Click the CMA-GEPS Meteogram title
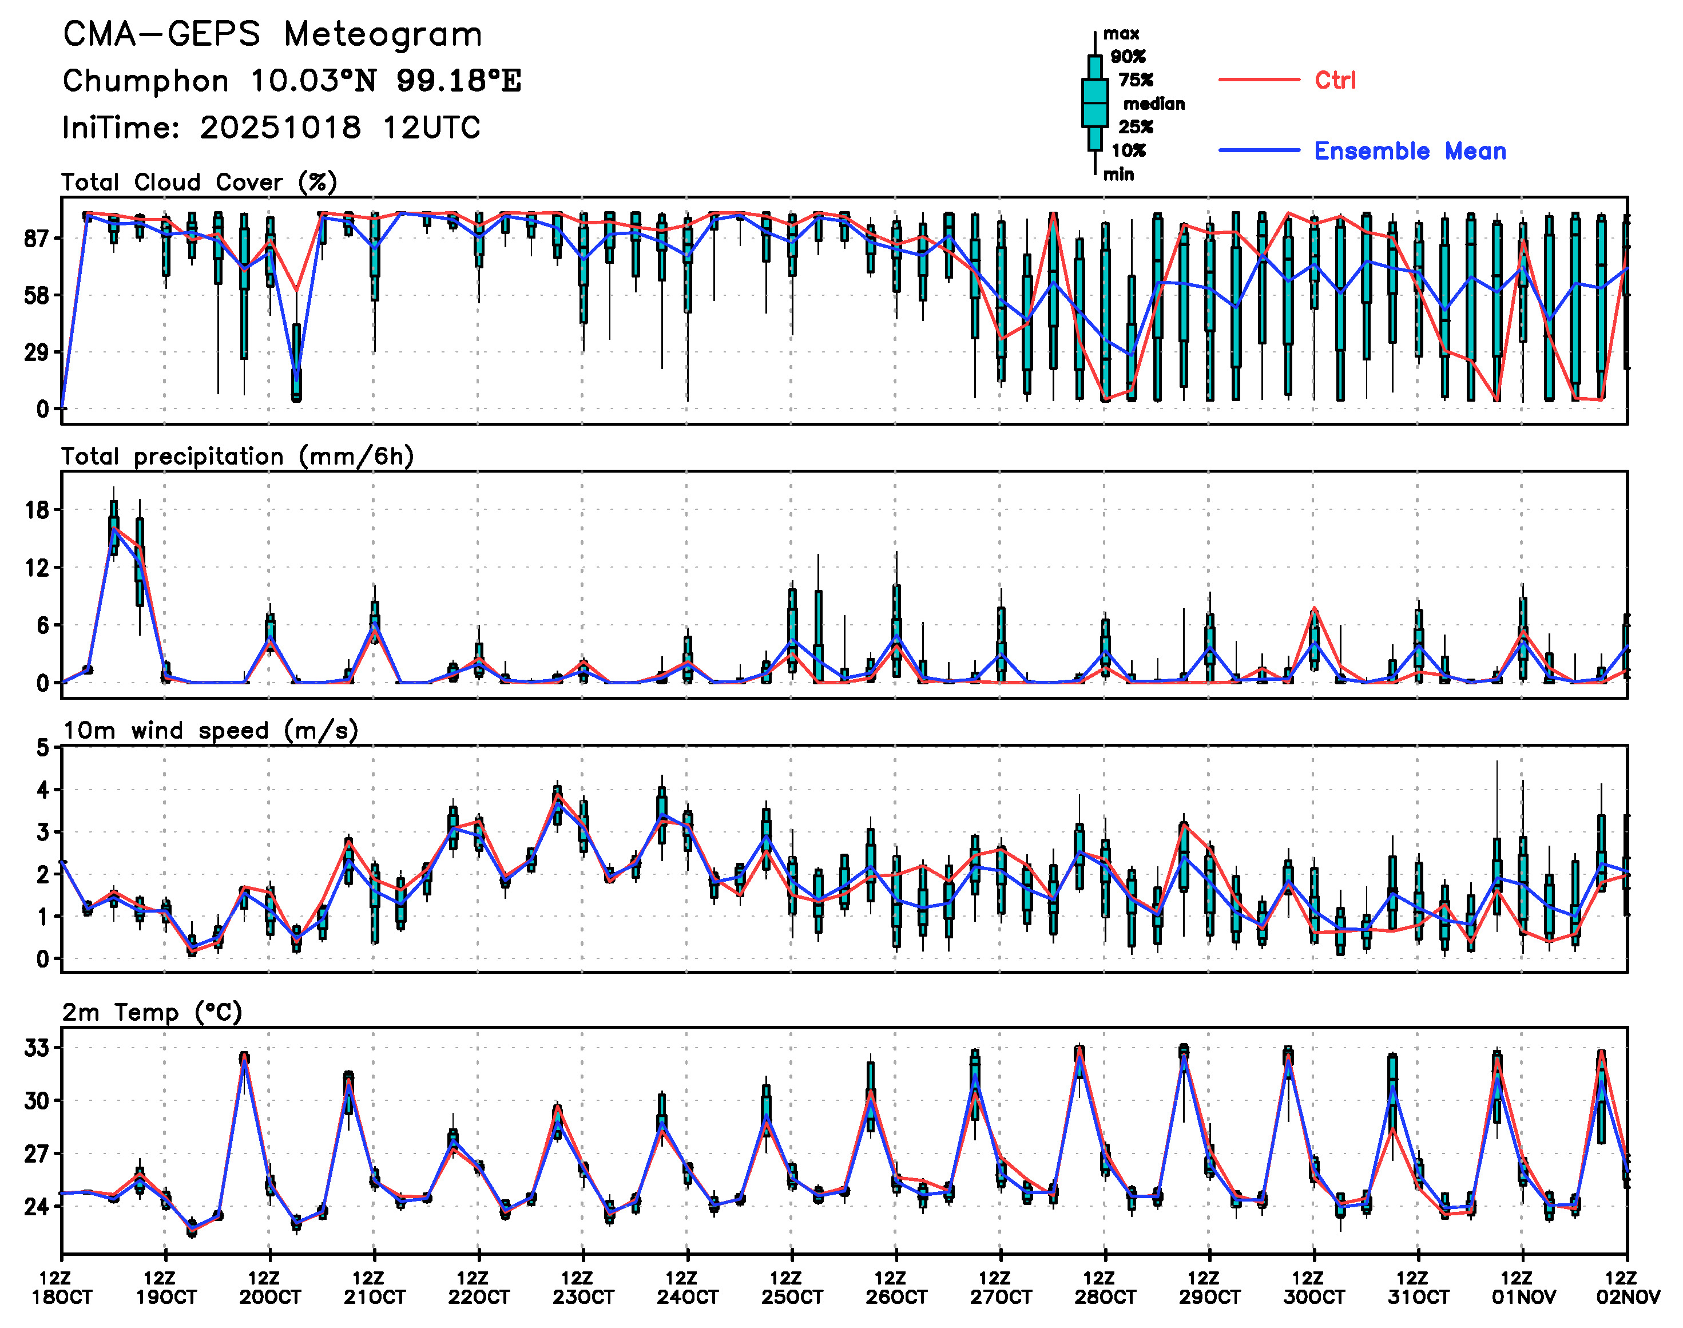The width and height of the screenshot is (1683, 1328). (x=272, y=35)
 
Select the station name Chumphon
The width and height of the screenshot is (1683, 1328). (x=145, y=81)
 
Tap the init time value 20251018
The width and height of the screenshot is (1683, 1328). (x=280, y=128)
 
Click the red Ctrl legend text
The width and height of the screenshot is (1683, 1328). (x=1335, y=80)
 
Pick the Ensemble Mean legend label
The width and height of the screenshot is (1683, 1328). (x=1410, y=151)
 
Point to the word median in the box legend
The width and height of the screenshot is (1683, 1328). (x=1154, y=104)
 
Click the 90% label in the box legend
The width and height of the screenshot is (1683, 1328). (x=1127, y=57)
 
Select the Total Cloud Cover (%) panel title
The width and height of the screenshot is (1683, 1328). (x=199, y=183)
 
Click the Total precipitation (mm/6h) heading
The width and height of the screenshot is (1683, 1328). (x=237, y=457)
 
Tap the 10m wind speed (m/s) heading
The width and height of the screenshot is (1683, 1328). (x=210, y=731)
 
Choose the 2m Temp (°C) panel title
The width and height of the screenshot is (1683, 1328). (x=152, y=1012)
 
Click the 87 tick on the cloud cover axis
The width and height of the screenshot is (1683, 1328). (x=37, y=239)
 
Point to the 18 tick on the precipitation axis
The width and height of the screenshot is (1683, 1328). (x=37, y=510)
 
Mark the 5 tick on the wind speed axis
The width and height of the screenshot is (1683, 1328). (x=43, y=748)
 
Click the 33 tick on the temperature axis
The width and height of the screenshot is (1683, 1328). (x=37, y=1048)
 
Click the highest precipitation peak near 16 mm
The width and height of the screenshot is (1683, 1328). (x=113, y=529)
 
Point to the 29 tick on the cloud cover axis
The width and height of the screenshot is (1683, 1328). (x=37, y=353)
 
